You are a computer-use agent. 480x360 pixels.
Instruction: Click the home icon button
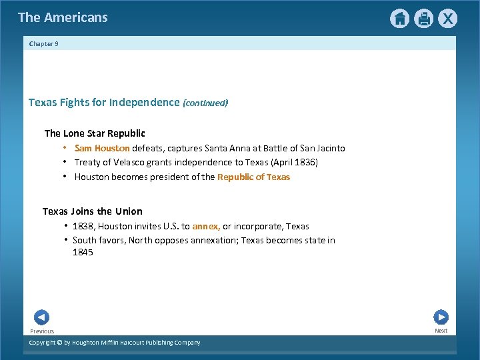399,19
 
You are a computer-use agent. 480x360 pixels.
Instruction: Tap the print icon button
423,19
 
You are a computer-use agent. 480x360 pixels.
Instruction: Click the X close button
447,19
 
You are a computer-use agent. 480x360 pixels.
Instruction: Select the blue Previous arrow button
41,317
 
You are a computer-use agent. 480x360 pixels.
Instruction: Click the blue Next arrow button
441,317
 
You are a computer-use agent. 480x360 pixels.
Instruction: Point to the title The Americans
63,18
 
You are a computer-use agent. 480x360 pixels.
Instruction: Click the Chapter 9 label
44,44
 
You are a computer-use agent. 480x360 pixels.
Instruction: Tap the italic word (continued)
205,103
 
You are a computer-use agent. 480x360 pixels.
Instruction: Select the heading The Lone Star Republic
95,133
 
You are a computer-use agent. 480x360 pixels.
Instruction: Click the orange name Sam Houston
102,149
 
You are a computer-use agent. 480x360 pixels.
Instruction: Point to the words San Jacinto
322,149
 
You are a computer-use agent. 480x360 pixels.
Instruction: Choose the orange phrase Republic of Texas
253,177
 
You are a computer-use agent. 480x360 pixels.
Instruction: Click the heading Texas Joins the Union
93,211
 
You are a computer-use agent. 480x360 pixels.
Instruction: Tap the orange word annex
206,227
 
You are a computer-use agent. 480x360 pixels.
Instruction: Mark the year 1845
83,253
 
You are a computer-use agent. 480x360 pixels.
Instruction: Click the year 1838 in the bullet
83,227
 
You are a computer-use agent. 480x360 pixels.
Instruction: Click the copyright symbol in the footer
59,343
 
